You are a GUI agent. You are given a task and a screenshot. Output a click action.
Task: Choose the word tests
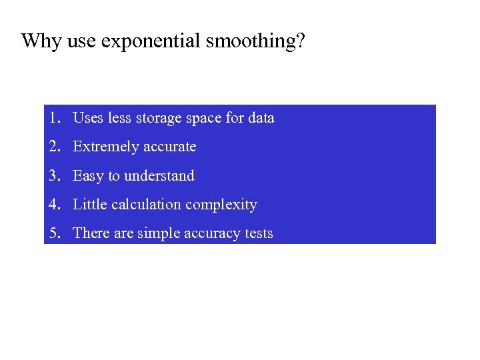coord(258,233)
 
